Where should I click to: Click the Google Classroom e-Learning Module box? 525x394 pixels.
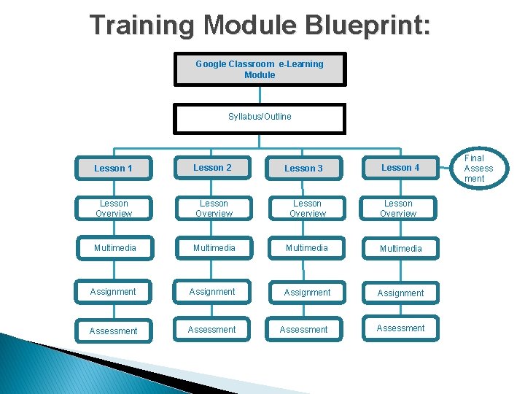(260, 69)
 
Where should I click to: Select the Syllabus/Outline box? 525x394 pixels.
(260, 117)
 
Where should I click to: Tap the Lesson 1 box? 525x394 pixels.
(114, 169)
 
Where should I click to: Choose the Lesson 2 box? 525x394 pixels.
(213, 168)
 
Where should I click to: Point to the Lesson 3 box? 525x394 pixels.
(304, 169)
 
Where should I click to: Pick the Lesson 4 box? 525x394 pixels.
(400, 168)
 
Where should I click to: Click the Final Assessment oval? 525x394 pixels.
(479, 169)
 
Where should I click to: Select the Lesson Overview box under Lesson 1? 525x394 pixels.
(114, 209)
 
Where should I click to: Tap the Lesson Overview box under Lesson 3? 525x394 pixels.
(307, 209)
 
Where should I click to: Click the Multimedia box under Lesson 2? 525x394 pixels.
(213, 248)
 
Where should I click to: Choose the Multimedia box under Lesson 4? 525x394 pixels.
(400, 249)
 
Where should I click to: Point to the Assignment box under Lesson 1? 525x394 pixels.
(114, 292)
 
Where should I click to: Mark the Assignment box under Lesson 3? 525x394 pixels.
(307, 293)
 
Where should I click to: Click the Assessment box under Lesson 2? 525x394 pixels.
(212, 330)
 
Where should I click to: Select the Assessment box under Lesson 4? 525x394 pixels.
(400, 328)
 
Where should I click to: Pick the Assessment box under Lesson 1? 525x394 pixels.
(114, 331)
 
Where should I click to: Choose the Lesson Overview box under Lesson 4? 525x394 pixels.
(398, 209)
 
